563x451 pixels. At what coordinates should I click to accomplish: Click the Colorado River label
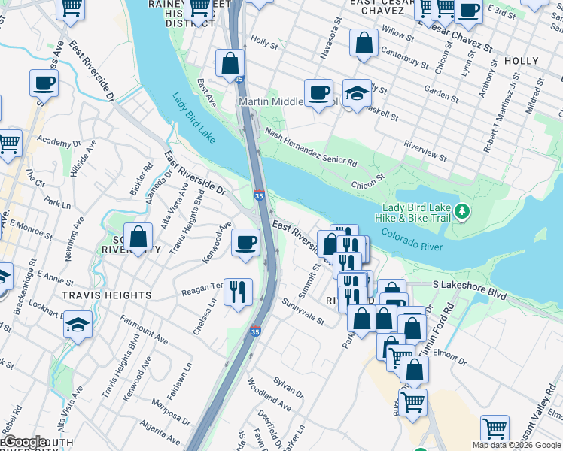pos(411,240)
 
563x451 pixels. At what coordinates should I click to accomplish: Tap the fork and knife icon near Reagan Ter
pos(238,291)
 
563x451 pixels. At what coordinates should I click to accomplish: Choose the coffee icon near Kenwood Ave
pos(245,242)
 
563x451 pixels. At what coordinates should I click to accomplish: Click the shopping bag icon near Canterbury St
pos(364,43)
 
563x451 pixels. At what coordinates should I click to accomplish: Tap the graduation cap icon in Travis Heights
pos(78,324)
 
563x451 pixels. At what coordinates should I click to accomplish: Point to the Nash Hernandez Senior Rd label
pos(310,147)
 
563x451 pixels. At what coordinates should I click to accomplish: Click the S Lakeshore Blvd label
pos(467,286)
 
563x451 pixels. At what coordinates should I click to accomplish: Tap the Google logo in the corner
pos(24,442)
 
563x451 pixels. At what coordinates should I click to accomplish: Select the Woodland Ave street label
pos(269,394)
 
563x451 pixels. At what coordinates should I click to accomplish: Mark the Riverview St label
pos(425,150)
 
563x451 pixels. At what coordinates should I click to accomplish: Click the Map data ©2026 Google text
pos(516,445)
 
